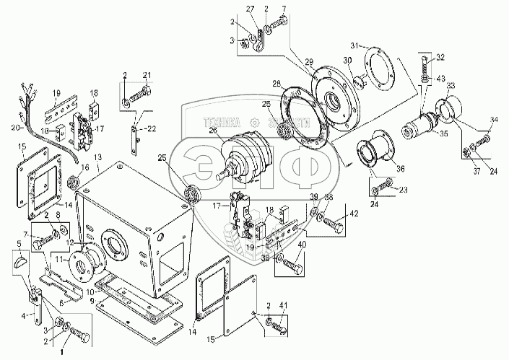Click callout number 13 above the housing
(x=97, y=157)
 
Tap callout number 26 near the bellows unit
(x=212, y=131)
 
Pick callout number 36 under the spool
(x=401, y=170)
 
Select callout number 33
(x=450, y=86)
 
